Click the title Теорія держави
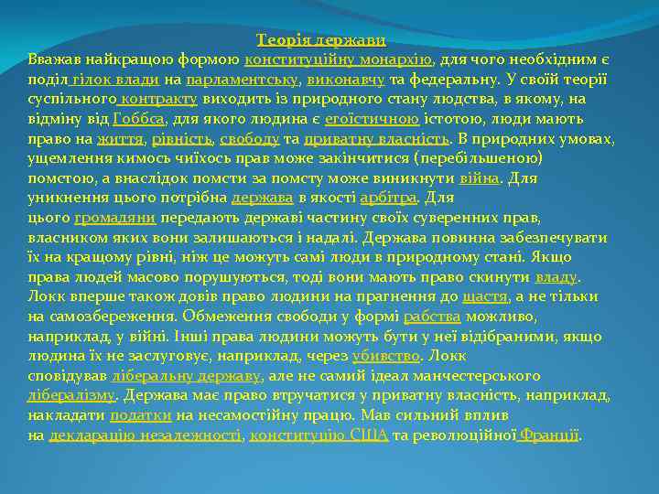[x=321, y=40]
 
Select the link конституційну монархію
[x=338, y=60]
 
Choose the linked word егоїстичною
[x=371, y=119]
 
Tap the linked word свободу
[x=249, y=139]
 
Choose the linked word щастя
[x=486, y=296]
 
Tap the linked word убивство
[x=386, y=356]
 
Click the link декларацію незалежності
[x=145, y=435]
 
